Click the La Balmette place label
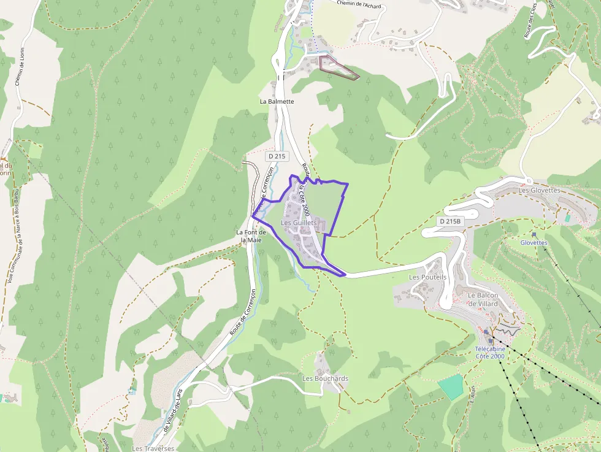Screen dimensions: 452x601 [x=277, y=101]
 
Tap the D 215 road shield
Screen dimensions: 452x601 [x=277, y=156]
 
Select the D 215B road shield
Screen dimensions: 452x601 [x=450, y=221]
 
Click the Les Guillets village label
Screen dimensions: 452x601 [x=299, y=223]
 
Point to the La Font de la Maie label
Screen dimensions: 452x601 [x=251, y=236]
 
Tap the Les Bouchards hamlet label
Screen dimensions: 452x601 [x=325, y=378]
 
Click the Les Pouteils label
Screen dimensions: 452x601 [x=427, y=277]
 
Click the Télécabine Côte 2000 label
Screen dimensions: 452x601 [x=490, y=352]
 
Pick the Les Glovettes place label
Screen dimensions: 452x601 [x=539, y=190]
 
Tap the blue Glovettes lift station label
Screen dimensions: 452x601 [x=534, y=242]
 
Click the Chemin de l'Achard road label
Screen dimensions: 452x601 [x=359, y=4]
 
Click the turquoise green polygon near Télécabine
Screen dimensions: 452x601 [x=451, y=386]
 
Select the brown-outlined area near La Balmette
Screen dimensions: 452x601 [x=338, y=67]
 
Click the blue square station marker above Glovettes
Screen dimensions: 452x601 [x=534, y=234]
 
